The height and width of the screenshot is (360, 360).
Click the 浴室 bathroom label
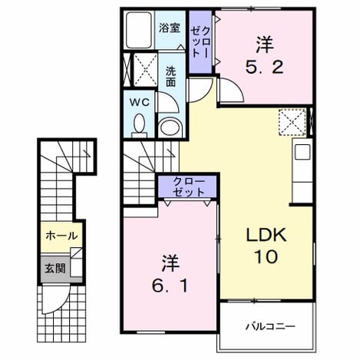[170, 28]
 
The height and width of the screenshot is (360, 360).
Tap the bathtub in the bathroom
[139, 30]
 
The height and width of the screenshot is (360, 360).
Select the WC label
[139, 103]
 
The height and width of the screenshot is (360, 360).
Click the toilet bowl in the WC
[140, 125]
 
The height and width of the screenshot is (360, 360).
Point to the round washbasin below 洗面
[170, 127]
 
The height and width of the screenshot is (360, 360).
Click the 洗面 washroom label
[170, 77]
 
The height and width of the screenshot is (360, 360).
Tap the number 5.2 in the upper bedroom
[265, 68]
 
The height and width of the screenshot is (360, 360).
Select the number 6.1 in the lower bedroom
[170, 286]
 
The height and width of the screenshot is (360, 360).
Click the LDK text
[266, 235]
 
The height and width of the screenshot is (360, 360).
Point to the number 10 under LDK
[266, 256]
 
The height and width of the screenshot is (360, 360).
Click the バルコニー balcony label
[270, 326]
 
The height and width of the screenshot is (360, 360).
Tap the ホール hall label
[61, 236]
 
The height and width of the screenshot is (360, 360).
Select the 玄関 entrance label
[55, 269]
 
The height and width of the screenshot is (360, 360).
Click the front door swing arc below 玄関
[62, 305]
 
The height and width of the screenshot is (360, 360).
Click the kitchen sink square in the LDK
[302, 152]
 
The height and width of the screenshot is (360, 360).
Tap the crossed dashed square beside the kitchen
[292, 122]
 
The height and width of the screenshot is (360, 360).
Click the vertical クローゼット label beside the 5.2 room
[200, 41]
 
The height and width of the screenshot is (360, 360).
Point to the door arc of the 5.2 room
[235, 88]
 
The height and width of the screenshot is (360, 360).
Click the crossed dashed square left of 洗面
[146, 70]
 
